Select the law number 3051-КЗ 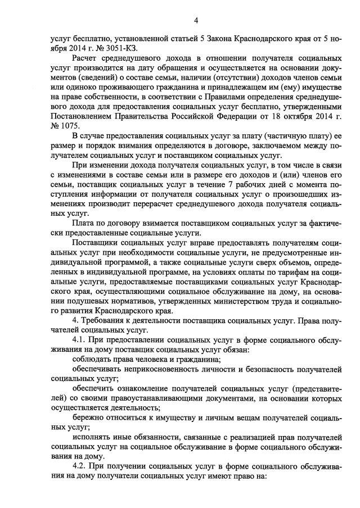[114, 48]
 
